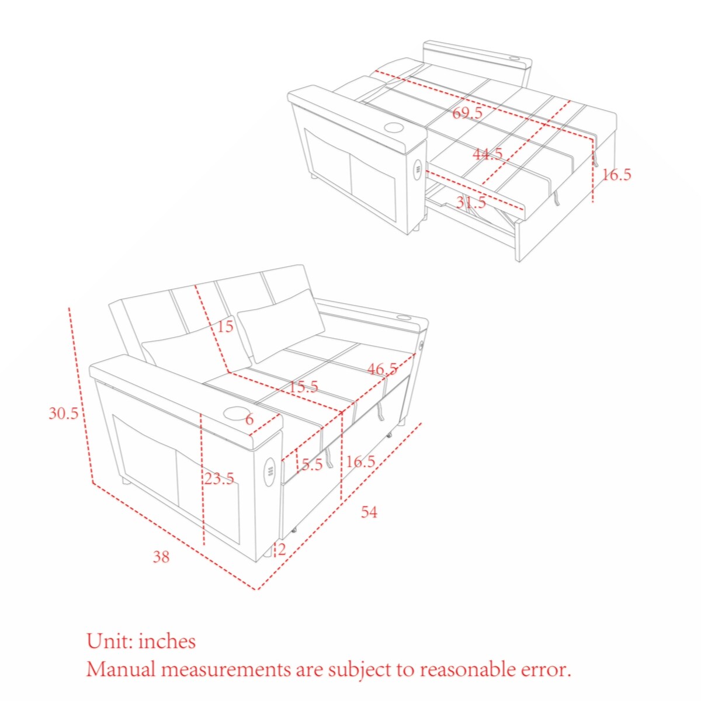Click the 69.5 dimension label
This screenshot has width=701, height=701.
coord(467,113)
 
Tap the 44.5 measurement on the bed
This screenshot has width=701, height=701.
coord(487,154)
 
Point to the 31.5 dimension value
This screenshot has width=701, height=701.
coord(471,203)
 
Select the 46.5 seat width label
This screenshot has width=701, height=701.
coord(382,369)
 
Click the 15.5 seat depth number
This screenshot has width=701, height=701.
coord(303,386)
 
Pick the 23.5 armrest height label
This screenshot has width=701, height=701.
coord(219,478)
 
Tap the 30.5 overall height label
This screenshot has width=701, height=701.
coord(63,414)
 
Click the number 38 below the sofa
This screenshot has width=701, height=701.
coord(161,557)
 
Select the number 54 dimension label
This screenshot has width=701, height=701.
coord(369,512)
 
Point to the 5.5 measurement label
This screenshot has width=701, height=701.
coord(312,465)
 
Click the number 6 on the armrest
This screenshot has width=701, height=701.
coord(249,419)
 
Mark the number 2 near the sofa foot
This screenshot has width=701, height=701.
coord(282,549)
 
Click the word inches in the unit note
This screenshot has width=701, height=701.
coord(167,641)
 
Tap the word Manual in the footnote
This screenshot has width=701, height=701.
coord(121,669)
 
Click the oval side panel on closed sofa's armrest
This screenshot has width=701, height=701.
coord(270,471)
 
